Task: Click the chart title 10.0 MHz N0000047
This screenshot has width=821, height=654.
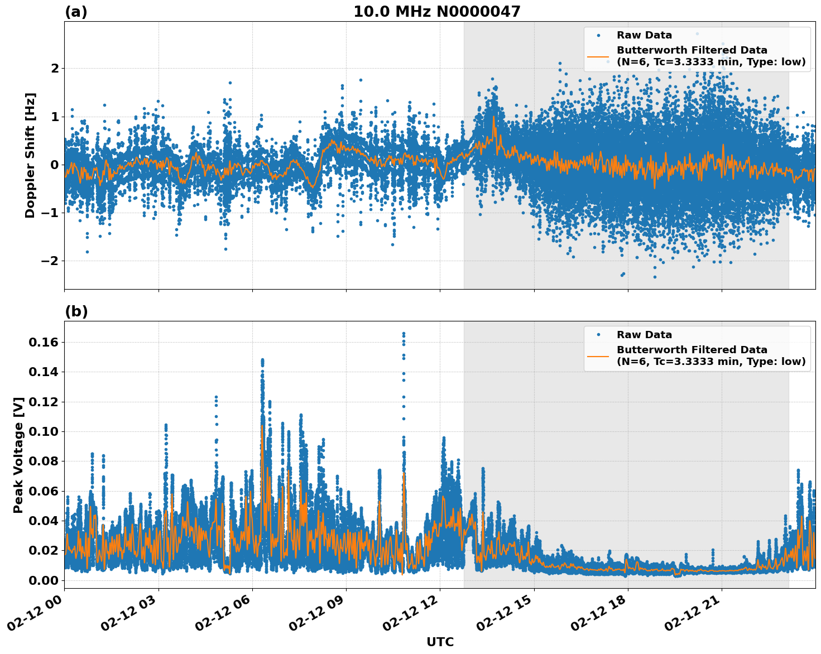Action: (436, 12)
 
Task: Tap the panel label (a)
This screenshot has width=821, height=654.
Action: (76, 12)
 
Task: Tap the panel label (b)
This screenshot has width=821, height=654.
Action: (76, 311)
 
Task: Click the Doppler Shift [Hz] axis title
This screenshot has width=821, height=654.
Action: (30, 155)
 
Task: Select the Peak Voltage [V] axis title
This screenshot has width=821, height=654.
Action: (18, 455)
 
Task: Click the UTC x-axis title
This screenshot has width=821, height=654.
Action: (440, 642)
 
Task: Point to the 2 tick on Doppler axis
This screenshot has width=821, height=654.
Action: (55, 69)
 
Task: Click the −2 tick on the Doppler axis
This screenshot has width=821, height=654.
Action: (51, 261)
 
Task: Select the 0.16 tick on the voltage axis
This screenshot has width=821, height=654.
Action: (43, 342)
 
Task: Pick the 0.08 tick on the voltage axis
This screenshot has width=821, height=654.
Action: (43, 461)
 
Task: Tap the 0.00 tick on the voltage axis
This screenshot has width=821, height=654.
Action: (43, 580)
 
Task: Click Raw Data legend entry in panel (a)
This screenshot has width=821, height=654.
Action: (644, 35)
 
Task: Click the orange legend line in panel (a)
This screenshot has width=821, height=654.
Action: (598, 56)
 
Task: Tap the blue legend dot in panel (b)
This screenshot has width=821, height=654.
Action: (598, 335)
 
